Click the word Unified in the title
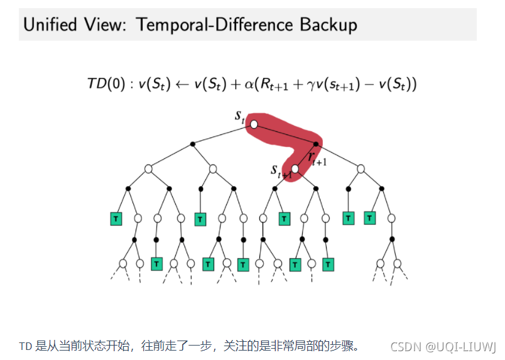[50, 25]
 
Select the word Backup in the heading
[328, 25]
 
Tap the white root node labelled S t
[254, 124]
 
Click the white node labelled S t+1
[295, 168]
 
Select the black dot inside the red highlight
[316, 144]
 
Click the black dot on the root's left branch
[192, 144]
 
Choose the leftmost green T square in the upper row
[116, 219]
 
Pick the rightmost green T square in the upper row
[369, 219]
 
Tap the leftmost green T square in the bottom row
[157, 263]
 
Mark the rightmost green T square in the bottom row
[327, 263]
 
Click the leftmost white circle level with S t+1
[149, 168]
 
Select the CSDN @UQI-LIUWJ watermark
[443, 346]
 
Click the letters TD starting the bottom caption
[26, 346]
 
